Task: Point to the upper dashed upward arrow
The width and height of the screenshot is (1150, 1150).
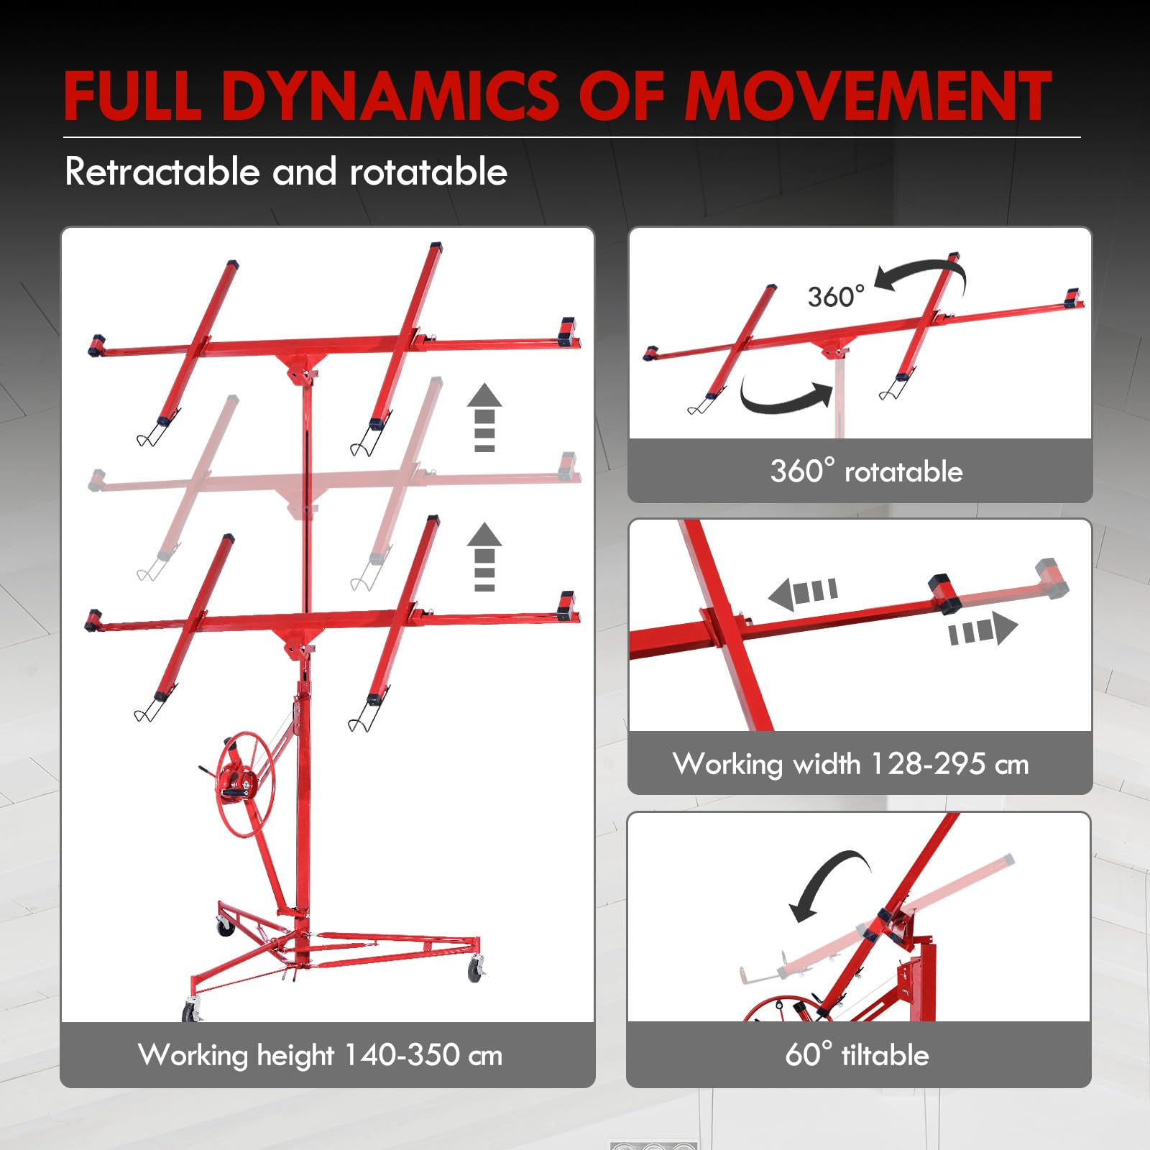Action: (484, 418)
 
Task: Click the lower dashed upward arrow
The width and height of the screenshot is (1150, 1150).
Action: (484, 556)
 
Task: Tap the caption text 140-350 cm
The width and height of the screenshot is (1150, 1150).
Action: (423, 1054)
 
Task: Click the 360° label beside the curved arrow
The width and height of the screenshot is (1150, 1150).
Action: (836, 296)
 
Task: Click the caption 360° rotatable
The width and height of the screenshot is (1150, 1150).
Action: (866, 471)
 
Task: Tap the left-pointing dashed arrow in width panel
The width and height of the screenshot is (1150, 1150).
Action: (803, 593)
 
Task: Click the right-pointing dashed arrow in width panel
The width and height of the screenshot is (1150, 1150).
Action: (983, 629)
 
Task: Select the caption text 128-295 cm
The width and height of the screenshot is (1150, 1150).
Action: (949, 763)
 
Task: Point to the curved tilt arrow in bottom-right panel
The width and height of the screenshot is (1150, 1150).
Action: (827, 880)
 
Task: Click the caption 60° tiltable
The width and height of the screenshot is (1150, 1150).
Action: (857, 1054)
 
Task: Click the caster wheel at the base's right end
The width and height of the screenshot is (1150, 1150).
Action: (476, 969)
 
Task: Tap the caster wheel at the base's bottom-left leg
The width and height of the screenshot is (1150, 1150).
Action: (191, 1011)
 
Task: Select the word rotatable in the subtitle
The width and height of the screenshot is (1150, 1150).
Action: (428, 172)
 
